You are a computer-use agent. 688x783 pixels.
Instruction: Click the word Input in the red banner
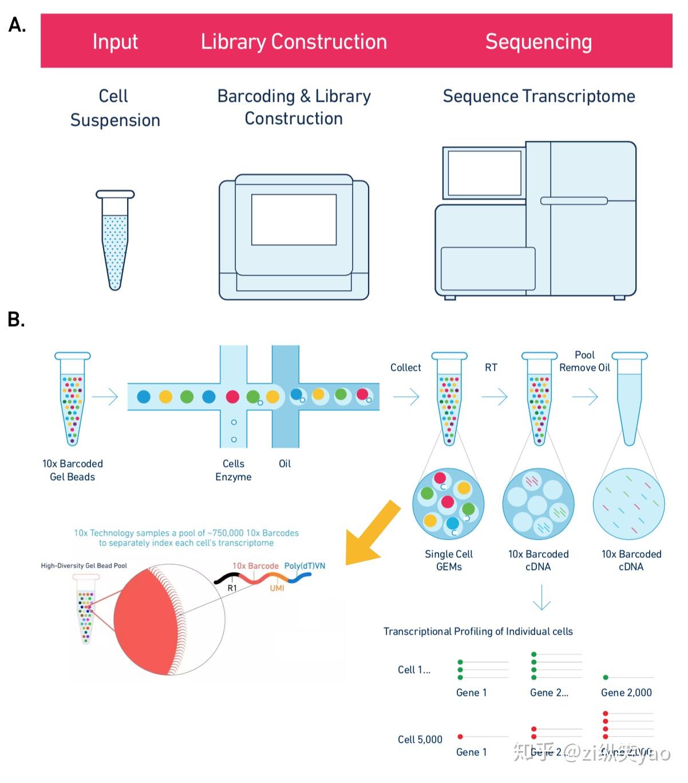(115, 42)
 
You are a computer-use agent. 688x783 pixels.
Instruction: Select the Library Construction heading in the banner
(294, 42)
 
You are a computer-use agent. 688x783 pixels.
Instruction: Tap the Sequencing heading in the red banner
(538, 42)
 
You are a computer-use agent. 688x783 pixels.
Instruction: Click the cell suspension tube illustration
(115, 240)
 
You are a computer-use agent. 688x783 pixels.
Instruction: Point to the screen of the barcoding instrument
(294, 219)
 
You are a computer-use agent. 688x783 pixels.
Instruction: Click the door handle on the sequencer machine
(574, 201)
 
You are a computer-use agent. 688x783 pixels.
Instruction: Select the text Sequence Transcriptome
(539, 96)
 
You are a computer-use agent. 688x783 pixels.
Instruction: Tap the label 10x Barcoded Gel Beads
(72, 470)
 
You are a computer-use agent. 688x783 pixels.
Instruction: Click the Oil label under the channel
(284, 464)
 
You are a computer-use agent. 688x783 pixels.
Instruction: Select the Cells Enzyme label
(234, 470)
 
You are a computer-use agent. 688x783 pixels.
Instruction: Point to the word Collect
(405, 367)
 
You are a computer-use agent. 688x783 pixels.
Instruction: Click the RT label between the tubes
(491, 367)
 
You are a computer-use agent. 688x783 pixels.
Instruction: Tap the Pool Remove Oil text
(584, 361)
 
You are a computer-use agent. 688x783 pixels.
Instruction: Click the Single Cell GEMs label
(449, 560)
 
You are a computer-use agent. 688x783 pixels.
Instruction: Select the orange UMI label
(277, 588)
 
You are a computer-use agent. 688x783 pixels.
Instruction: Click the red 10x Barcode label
(255, 565)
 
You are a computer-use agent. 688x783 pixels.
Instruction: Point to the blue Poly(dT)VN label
(305, 565)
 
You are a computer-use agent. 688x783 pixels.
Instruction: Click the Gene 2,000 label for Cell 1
(626, 693)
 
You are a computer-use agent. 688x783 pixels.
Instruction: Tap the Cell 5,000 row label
(420, 739)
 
